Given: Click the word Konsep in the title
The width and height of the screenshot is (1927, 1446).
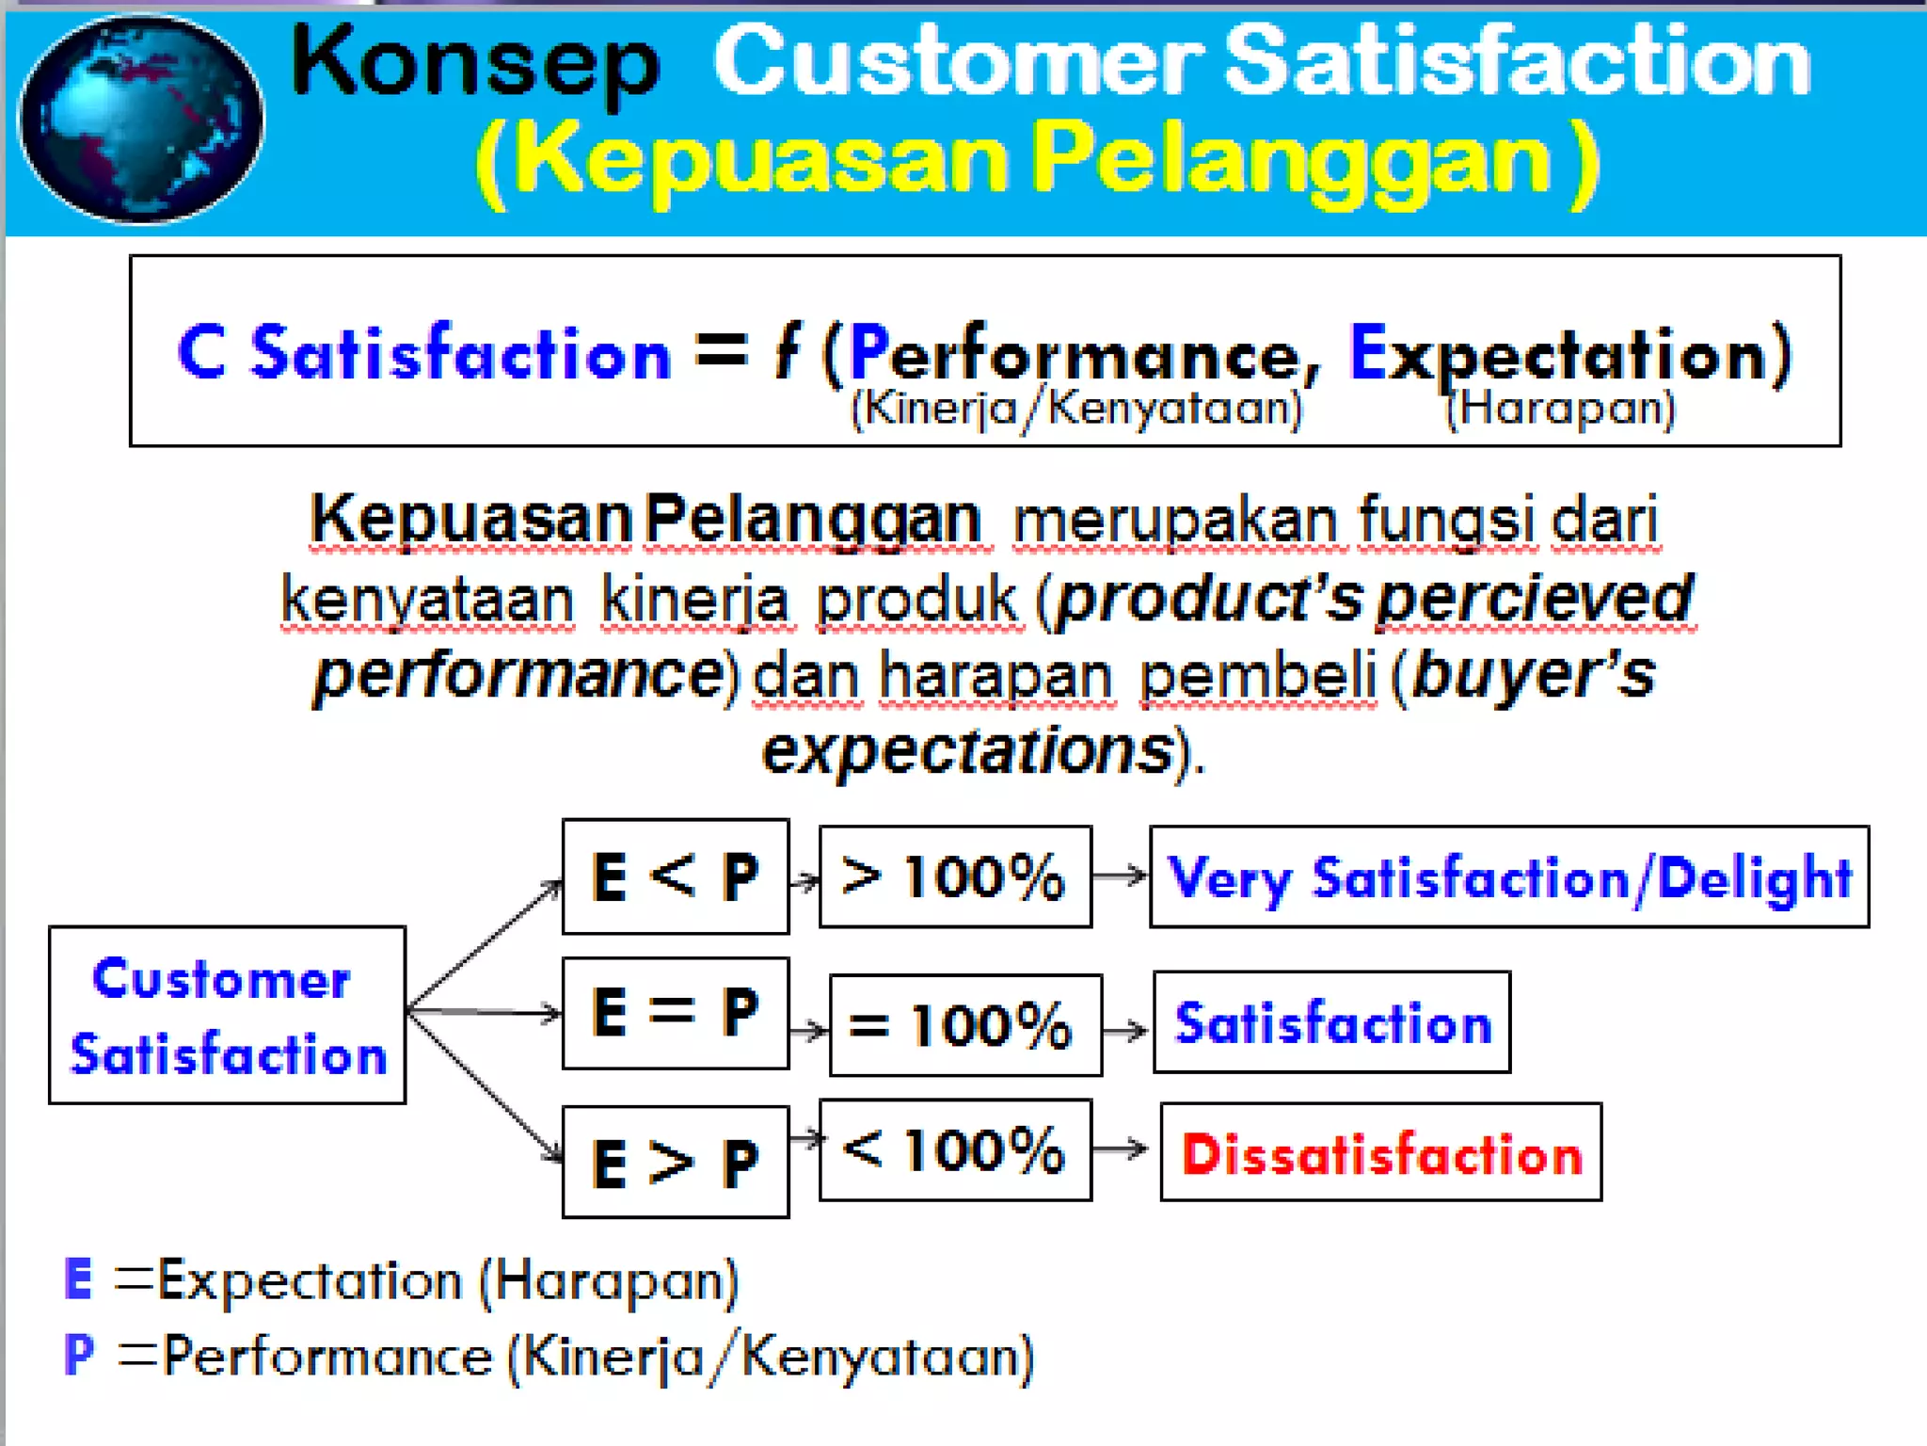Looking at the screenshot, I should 475,64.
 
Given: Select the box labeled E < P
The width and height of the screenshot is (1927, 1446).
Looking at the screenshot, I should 675,876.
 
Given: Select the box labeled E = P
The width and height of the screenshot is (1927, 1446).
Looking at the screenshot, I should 675,1013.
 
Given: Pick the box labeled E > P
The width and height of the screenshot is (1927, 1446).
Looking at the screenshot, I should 675,1162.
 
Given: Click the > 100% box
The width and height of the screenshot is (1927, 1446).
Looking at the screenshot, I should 955,876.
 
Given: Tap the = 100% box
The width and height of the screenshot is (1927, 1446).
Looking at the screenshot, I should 964,1024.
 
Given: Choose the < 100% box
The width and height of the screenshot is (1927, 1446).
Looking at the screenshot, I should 955,1149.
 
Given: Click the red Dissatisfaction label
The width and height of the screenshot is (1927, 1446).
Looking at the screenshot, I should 1380,1152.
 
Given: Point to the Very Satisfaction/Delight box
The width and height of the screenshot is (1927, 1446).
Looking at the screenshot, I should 1508,876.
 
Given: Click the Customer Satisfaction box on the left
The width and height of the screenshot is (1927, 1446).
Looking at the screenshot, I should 227,1015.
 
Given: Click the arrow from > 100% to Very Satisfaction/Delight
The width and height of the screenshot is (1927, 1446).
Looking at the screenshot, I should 1120,876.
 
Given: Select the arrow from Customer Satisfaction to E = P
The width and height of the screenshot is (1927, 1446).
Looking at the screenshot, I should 485,1012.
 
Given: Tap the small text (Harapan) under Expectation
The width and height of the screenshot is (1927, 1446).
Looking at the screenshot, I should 1560,410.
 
